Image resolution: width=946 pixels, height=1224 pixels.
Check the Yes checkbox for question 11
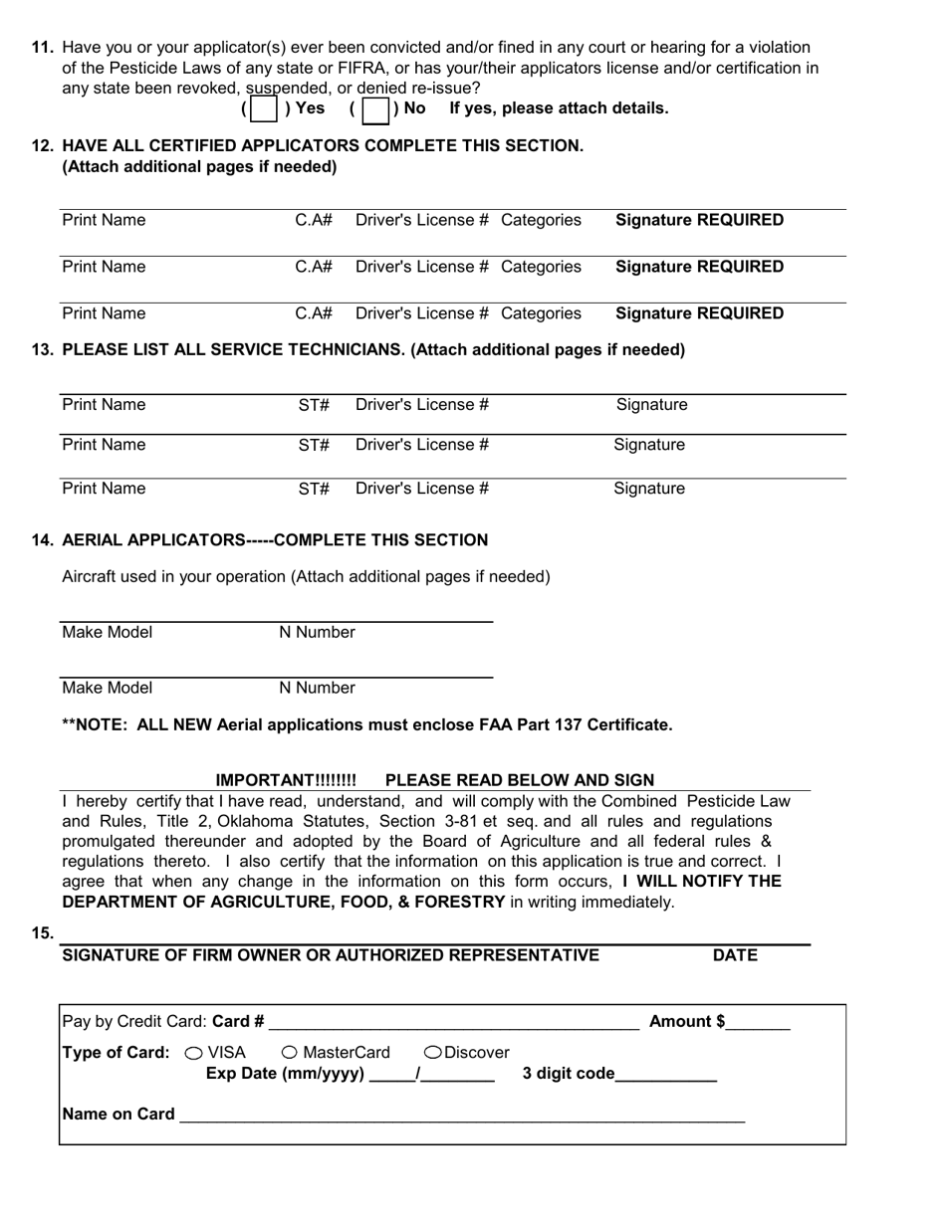264,108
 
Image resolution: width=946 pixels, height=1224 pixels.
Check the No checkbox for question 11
374,108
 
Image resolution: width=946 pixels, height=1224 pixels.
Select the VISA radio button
194,1053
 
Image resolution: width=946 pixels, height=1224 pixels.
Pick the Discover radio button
433,1053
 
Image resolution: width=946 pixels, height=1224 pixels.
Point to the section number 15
43,933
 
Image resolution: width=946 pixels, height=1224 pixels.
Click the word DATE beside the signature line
735,956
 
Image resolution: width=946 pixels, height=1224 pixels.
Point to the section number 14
43,540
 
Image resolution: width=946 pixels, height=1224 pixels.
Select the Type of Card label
116,1053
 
